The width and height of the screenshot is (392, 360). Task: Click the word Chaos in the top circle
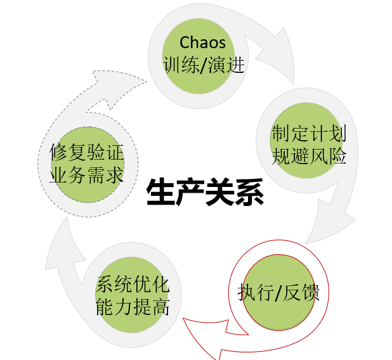pyautogui.click(x=203, y=43)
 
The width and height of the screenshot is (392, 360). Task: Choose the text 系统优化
pyautogui.click(x=133, y=285)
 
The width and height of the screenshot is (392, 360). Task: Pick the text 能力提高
pyautogui.click(x=133, y=307)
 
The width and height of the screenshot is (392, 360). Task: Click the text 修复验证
pyautogui.click(x=86, y=152)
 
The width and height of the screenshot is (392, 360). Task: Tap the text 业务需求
pyautogui.click(x=86, y=174)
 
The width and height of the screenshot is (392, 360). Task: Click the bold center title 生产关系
pyautogui.click(x=204, y=192)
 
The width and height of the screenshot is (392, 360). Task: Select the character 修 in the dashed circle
pyautogui.click(x=59, y=152)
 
